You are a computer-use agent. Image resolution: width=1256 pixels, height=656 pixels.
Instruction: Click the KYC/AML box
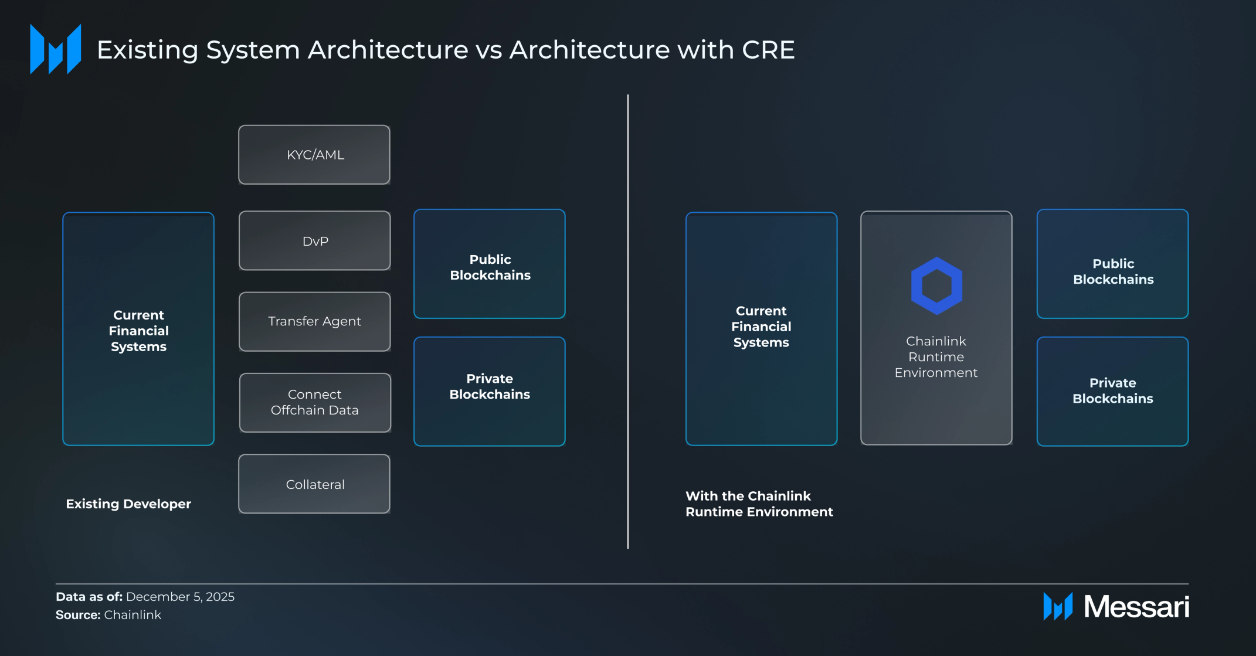pos(314,155)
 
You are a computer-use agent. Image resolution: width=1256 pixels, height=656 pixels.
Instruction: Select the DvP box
pos(315,241)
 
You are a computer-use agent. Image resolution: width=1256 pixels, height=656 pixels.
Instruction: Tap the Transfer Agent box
pos(315,322)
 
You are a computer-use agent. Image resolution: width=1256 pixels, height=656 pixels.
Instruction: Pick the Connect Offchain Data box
pos(315,403)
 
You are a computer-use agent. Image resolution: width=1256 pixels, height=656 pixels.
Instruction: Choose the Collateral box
pos(314,484)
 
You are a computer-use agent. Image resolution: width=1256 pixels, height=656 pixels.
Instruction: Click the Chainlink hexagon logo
pos(936,286)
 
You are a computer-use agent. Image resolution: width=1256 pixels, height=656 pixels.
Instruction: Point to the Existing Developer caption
pos(128,504)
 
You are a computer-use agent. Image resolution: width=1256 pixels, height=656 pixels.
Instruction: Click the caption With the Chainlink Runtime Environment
pos(759,504)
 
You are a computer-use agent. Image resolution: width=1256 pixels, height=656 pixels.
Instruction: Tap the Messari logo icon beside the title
pos(56,49)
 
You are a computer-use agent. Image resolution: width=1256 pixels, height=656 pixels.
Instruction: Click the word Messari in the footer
pos(1136,607)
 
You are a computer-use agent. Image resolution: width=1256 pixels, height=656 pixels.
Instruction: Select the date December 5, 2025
pos(180,597)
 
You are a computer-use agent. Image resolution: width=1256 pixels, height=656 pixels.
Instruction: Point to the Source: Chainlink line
pos(108,615)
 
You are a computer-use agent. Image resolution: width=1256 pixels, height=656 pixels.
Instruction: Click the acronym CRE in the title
pos(768,50)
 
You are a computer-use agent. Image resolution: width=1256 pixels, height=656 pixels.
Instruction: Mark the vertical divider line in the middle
pos(628,322)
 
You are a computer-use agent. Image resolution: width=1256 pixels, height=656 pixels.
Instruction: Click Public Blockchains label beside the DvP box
pos(490,267)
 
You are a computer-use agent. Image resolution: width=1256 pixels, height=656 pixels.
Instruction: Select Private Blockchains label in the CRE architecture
pos(1113,391)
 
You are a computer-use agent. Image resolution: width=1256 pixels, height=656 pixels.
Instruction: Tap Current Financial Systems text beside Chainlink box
pos(761,327)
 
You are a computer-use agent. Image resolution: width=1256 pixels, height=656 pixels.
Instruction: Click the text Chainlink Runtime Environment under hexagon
pos(936,357)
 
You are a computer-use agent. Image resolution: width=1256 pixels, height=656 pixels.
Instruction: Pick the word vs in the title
pos(489,50)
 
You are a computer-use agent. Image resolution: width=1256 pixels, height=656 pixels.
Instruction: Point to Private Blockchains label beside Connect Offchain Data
pos(490,387)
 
